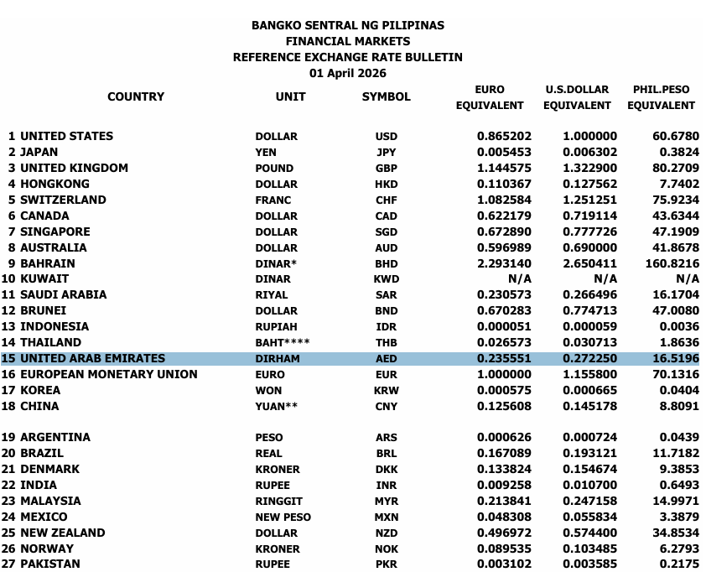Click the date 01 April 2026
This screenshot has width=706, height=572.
[347, 73]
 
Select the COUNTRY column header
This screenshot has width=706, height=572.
[136, 96]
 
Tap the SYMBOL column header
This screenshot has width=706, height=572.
[386, 96]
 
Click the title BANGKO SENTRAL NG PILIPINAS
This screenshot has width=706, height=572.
[347, 25]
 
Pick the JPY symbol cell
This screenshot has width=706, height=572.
[386, 153]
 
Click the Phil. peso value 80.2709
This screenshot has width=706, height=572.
[675, 168]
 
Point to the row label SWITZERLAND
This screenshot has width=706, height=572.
[63, 200]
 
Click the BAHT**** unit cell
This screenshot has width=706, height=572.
[283, 342]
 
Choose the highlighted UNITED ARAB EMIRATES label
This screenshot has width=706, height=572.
[92, 358]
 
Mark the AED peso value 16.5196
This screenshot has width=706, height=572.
[675, 358]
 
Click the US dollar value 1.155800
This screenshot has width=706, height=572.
[589, 374]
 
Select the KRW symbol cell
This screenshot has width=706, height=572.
[386, 390]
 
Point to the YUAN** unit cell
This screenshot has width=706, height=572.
[278, 406]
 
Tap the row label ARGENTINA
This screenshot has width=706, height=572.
[55, 437]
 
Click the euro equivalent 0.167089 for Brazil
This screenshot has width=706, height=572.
[504, 453]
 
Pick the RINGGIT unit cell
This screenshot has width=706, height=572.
[278, 501]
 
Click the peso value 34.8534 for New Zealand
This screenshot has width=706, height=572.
[675, 533]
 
